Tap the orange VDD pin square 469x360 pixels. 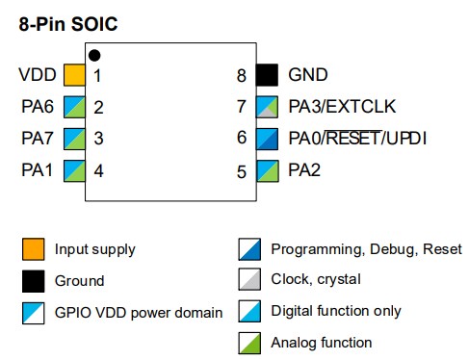click(74, 75)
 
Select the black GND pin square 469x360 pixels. click(266, 75)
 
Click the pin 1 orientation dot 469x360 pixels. click(93, 55)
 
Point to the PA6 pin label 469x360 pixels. click(39, 107)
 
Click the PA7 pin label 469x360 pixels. click(39, 139)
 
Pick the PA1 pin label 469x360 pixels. click(39, 171)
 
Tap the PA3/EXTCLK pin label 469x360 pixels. click(342, 107)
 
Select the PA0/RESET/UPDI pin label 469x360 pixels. click(357, 139)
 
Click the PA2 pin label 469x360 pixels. click(304, 171)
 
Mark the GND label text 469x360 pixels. click(308, 75)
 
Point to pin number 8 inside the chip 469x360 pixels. click(242, 75)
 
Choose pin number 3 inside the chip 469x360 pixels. click(98, 139)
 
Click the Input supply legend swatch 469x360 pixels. click(33, 250)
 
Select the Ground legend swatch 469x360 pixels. click(33, 281)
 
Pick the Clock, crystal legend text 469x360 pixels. click(316, 280)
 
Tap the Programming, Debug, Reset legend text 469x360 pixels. click(366, 249)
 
